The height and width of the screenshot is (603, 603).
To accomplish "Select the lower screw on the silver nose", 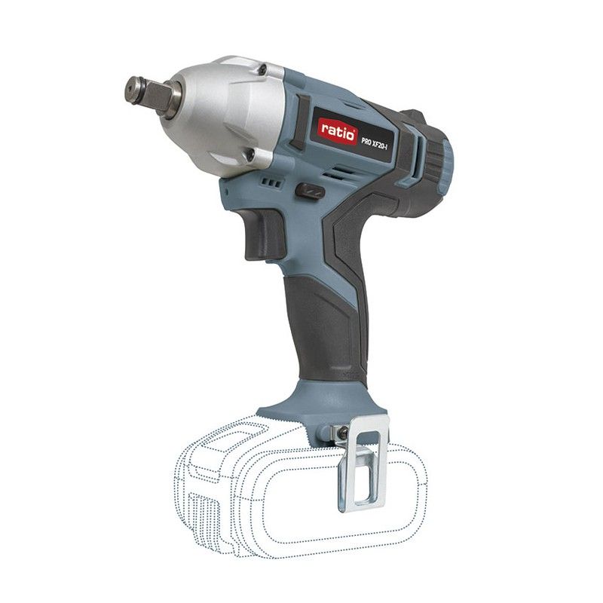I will pos(249,155).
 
